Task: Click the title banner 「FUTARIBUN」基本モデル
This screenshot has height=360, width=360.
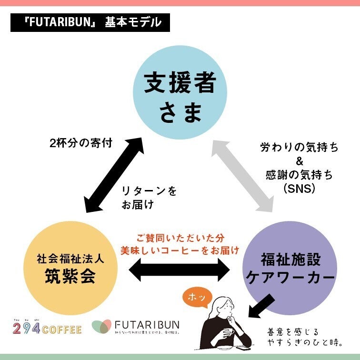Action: point(90,22)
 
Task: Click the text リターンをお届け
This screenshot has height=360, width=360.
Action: point(149,198)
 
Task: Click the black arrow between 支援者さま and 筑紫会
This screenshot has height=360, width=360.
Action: point(115,173)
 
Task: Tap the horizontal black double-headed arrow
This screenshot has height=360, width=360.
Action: point(180,270)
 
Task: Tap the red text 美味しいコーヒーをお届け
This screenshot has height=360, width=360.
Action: point(180,250)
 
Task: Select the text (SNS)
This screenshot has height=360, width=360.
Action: point(299,189)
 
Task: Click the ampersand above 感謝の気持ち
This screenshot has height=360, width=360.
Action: point(300,161)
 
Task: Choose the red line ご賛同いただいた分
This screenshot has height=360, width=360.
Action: point(180,237)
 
